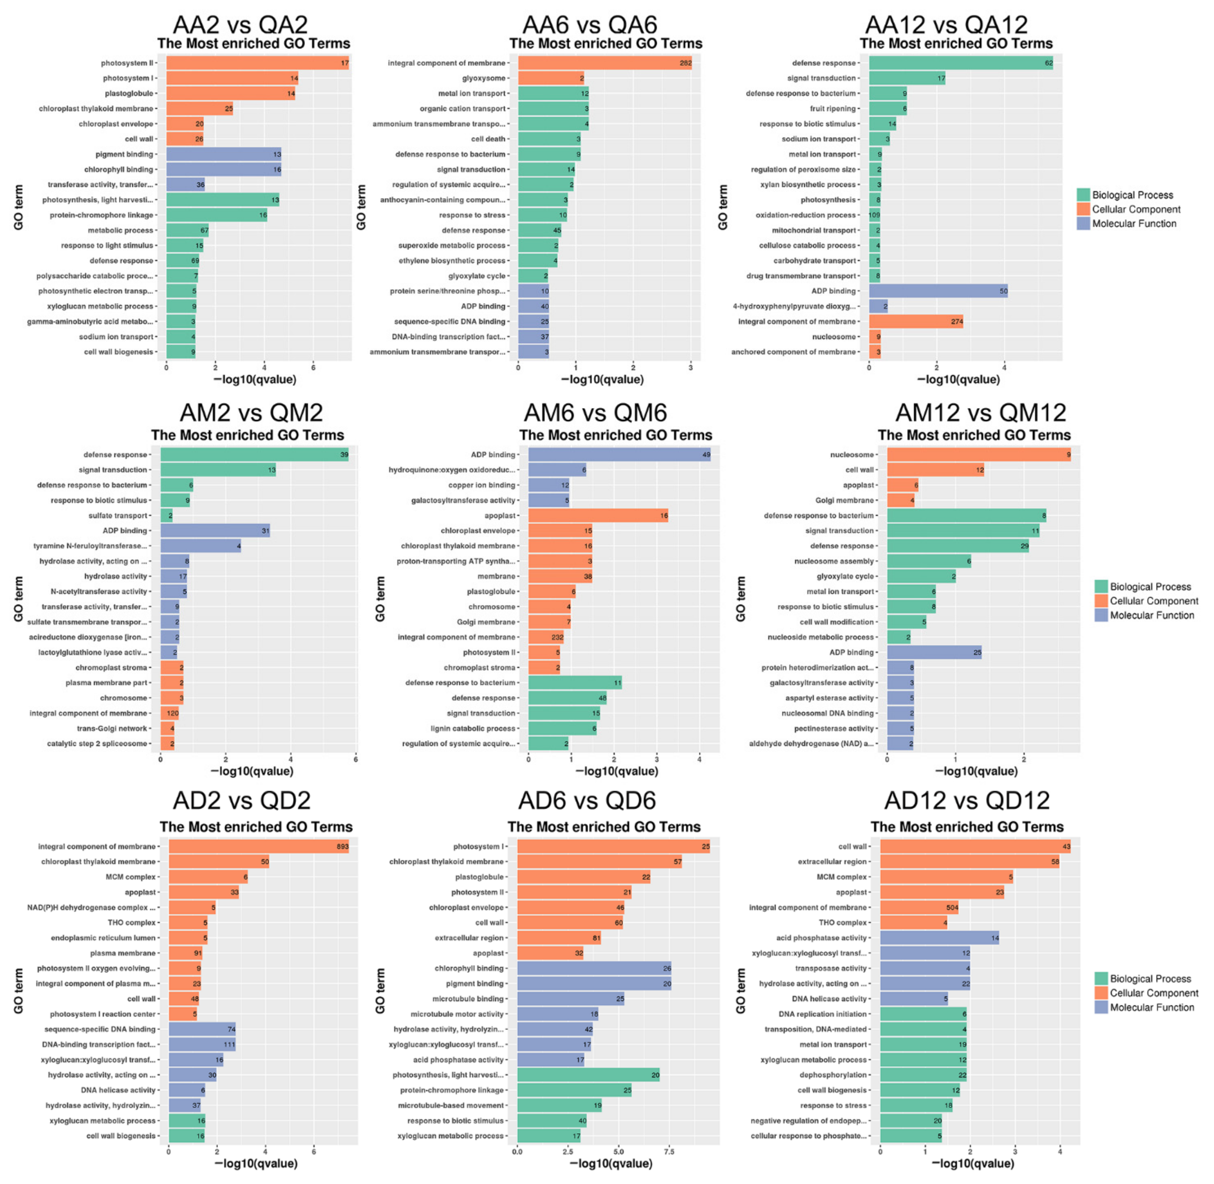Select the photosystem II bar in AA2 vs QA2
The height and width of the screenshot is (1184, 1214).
pos(257,63)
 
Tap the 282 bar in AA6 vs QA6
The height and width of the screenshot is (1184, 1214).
pos(604,63)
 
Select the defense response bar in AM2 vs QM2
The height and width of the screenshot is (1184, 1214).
pos(255,455)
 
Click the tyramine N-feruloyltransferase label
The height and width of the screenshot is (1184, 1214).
pos(90,546)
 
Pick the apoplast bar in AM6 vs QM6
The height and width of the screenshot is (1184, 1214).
pos(598,516)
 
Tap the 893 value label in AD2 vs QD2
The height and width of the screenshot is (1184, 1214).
pos(343,846)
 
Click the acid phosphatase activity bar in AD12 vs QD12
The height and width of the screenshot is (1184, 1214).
pos(939,938)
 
